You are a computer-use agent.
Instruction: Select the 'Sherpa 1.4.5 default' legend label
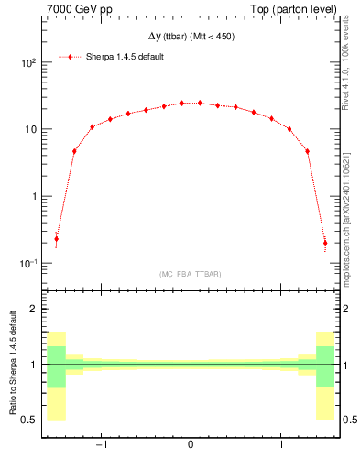[125, 57]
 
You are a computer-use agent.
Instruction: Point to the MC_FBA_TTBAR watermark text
[191, 274]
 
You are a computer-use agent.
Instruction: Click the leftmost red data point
[56, 239]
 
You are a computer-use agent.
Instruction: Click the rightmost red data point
[325, 243]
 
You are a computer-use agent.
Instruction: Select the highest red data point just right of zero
[200, 103]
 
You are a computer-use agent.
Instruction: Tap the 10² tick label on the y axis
[29, 63]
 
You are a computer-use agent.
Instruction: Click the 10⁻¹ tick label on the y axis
[29, 264]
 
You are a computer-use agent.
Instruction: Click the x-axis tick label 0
[191, 446]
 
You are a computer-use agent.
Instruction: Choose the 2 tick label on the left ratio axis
[34, 309]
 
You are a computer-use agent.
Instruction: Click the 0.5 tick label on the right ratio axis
[349, 420]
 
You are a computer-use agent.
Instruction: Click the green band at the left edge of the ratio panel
[56, 366]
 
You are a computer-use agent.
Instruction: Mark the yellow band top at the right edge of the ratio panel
[325, 333]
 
